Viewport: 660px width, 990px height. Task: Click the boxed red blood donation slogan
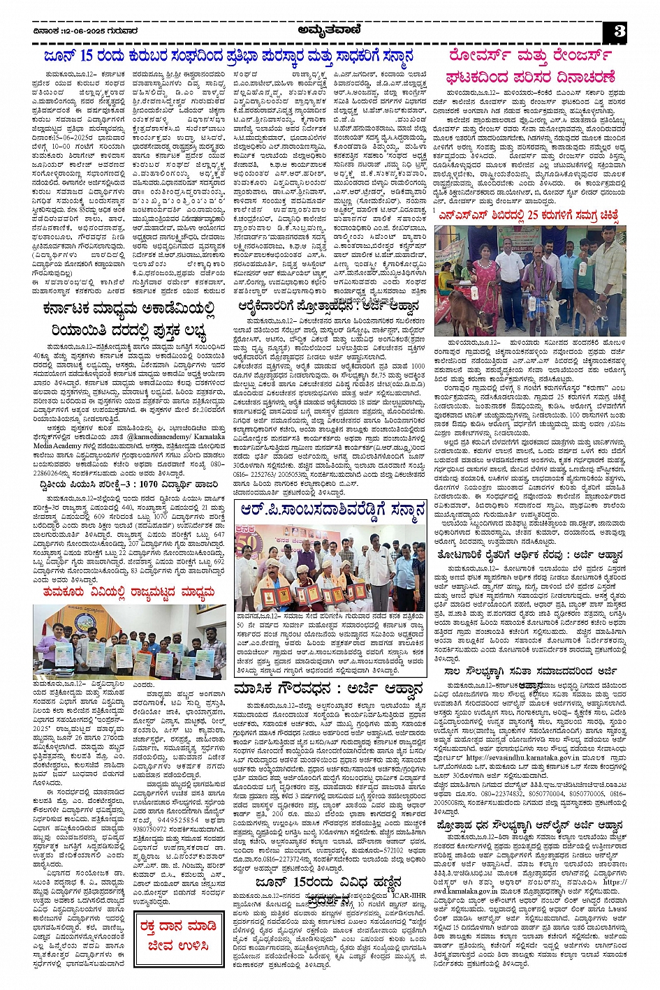tap(173, 936)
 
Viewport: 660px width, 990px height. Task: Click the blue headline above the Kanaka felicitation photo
tap(332, 510)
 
